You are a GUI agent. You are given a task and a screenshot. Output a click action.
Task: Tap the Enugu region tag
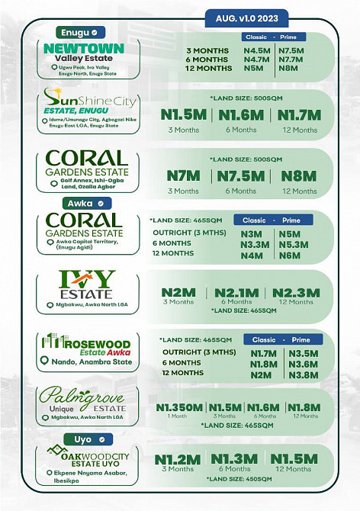click(x=76, y=33)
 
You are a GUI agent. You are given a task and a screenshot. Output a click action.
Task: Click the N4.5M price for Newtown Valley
click(x=256, y=50)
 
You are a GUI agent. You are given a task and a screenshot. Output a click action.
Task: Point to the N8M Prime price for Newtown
click(x=288, y=68)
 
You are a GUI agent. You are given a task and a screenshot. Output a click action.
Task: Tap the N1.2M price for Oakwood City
click(x=178, y=459)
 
